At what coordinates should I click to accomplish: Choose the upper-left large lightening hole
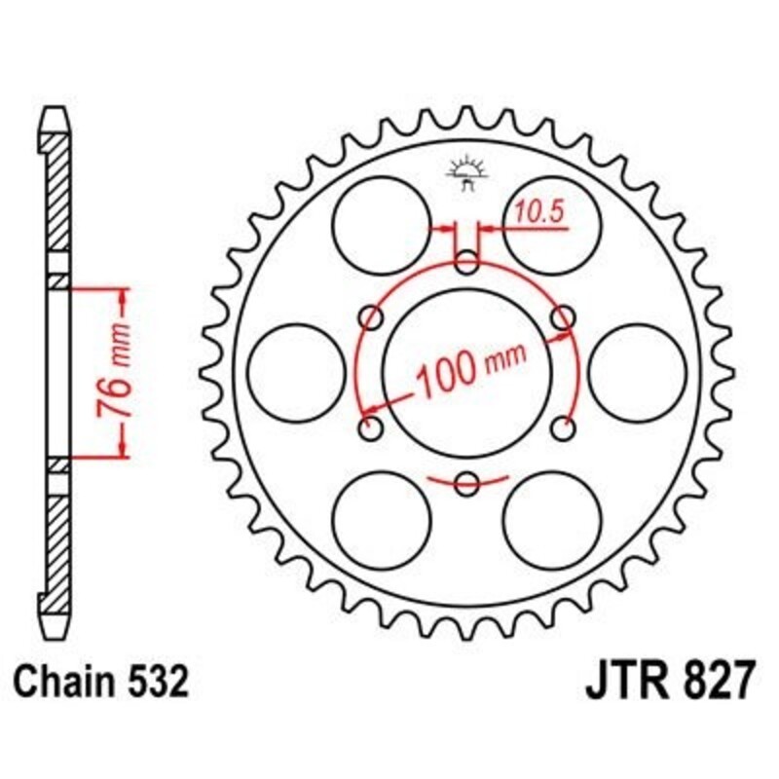pyautogui.click(x=382, y=225)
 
